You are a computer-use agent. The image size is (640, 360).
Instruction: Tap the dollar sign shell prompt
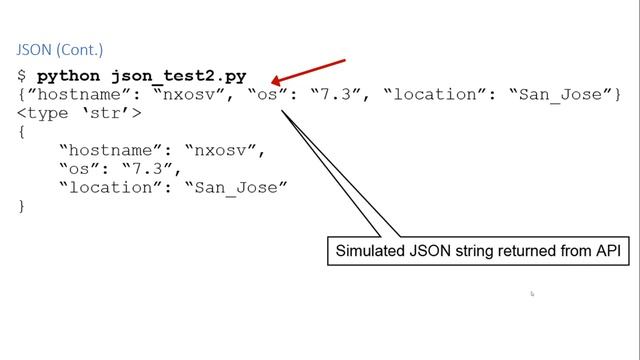(x=22, y=76)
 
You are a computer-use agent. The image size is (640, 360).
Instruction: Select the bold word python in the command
(x=69, y=76)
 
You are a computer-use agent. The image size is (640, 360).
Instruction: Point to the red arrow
(x=309, y=73)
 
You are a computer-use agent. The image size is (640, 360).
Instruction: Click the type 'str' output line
(x=79, y=113)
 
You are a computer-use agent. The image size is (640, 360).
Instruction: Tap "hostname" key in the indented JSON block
(x=112, y=151)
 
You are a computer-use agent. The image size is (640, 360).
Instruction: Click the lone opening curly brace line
(x=22, y=132)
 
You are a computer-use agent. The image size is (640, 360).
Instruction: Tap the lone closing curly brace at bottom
(x=22, y=206)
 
